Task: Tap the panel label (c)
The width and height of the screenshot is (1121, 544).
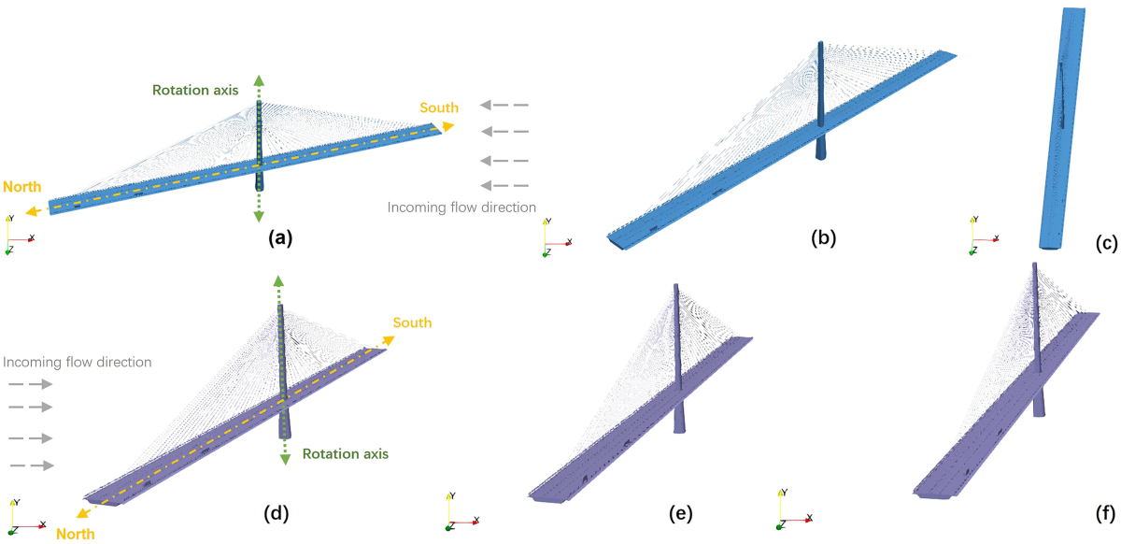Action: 1103,244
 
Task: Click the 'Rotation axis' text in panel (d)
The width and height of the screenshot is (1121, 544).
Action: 345,454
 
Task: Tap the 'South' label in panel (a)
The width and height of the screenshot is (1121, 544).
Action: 438,108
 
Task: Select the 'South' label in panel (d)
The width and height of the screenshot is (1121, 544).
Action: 412,323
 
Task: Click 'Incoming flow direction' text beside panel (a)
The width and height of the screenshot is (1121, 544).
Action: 462,208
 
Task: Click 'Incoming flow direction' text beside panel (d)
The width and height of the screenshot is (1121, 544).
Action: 78,361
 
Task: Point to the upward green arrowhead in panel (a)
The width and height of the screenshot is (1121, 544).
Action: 260,79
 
